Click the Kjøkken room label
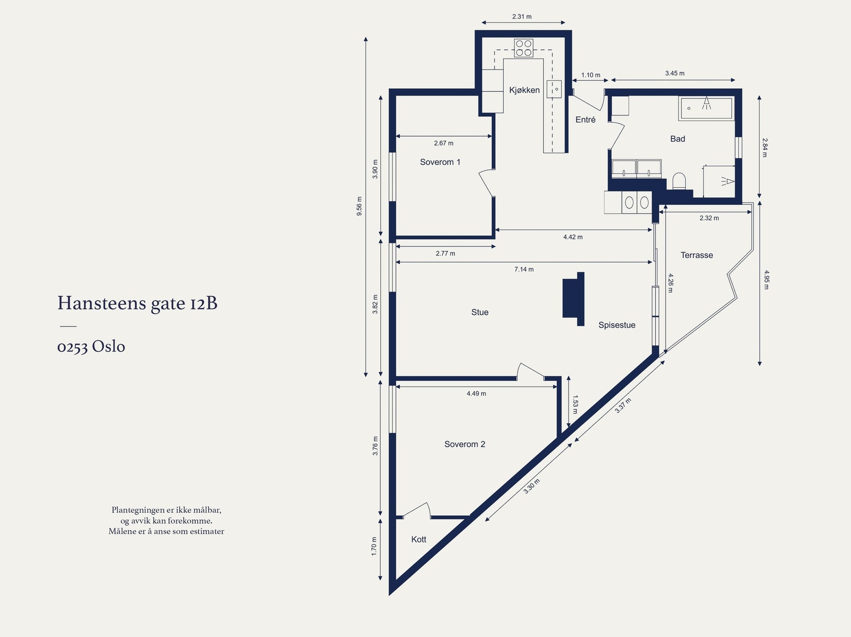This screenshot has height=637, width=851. [524, 90]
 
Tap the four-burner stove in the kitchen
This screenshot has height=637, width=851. [523, 48]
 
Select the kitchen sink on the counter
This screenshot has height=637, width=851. [554, 89]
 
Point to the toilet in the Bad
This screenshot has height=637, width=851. [679, 181]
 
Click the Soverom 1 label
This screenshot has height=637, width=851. [440, 162]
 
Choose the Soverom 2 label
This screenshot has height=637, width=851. [464, 444]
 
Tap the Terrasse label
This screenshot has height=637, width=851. [697, 255]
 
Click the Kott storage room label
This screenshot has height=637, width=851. [419, 539]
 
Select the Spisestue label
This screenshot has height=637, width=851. [617, 325]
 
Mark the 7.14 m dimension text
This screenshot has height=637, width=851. [524, 269]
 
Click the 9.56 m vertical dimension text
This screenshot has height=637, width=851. [360, 206]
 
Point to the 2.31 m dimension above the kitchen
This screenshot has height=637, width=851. [522, 16]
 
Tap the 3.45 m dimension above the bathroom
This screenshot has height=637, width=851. [674, 73]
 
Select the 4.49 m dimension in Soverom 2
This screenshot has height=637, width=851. [476, 393]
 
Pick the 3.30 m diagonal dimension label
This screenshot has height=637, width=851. [531, 487]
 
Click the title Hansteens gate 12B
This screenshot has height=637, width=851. [137, 303]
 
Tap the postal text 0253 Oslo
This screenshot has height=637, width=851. [91, 347]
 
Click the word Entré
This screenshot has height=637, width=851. [586, 120]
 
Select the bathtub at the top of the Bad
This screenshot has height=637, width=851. [706, 108]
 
